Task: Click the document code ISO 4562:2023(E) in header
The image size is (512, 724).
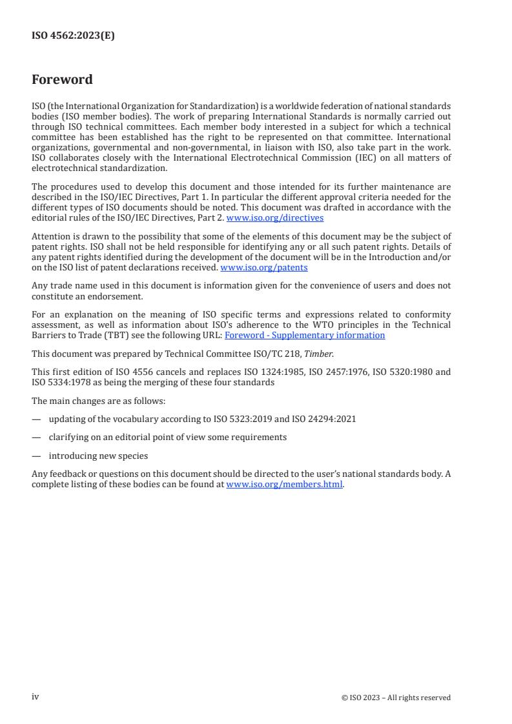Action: click(x=73, y=36)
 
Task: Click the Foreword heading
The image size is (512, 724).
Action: click(x=62, y=80)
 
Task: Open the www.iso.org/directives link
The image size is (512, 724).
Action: click(x=275, y=218)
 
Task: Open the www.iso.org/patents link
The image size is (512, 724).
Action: click(x=263, y=267)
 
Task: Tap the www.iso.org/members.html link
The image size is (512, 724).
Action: click(x=284, y=484)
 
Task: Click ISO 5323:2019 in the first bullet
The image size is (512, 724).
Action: click(x=244, y=419)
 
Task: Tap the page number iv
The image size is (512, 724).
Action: click(x=36, y=697)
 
